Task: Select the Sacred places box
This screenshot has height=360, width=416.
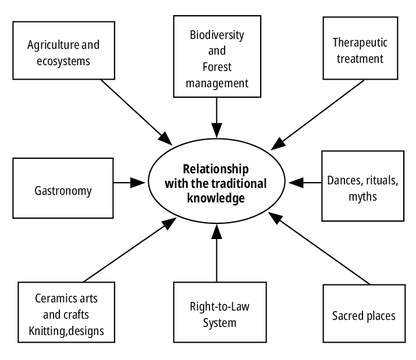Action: tap(363, 316)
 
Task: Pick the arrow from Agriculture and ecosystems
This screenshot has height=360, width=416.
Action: tap(134, 111)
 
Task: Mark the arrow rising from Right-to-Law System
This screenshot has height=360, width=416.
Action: tap(216, 253)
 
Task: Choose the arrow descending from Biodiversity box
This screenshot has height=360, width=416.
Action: tap(216, 116)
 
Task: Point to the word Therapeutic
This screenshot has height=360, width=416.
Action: tap(359, 42)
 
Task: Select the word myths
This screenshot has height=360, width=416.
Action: tap(363, 197)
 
